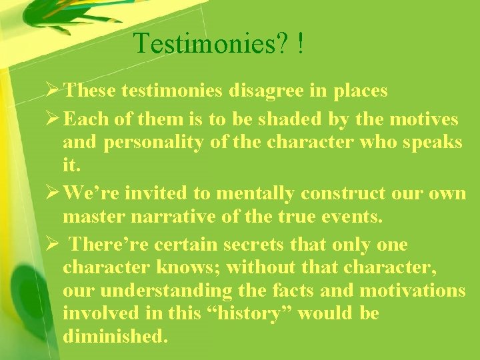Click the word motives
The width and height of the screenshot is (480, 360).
(x=424, y=119)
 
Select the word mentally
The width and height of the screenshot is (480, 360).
(x=250, y=193)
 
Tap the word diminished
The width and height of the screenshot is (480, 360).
(x=115, y=335)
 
